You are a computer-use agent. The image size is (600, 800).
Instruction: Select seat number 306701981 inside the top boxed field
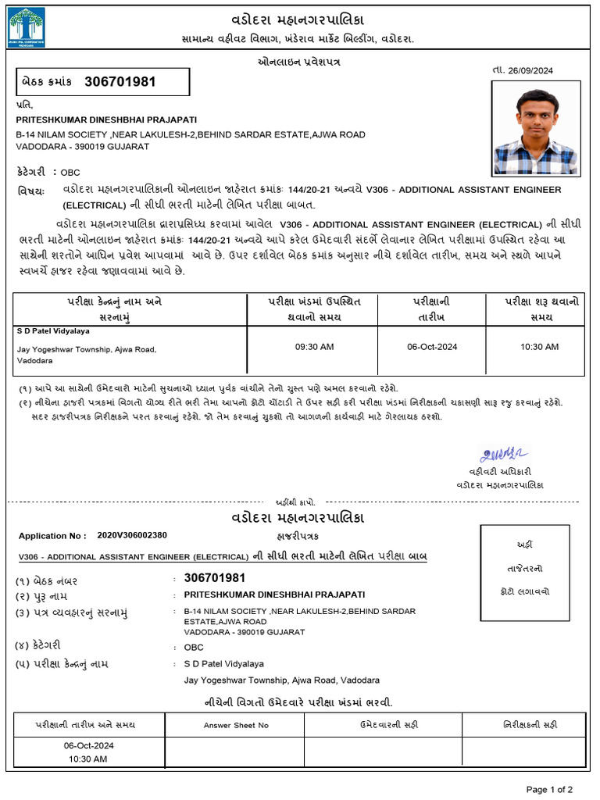point(120,81)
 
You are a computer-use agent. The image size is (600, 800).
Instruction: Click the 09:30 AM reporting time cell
point(315,346)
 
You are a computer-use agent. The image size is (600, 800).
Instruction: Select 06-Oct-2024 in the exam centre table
point(432,346)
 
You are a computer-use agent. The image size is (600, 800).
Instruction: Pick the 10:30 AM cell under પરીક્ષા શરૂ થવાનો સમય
point(539,346)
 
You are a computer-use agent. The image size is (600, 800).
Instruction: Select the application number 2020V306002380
point(132,535)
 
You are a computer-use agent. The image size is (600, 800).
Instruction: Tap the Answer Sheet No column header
point(236,725)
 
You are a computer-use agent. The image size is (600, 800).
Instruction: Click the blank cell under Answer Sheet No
point(236,752)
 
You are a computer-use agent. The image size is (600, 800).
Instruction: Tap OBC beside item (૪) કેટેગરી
point(194,647)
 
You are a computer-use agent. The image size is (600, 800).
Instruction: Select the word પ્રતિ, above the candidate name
point(25,104)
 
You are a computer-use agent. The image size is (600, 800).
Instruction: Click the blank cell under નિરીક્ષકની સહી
point(530,752)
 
